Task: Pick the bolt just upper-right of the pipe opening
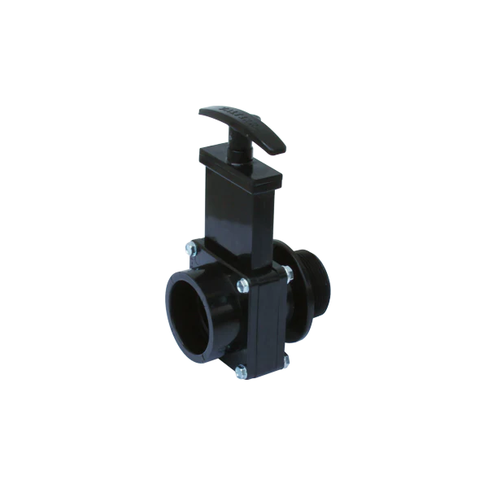[x=242, y=284]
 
